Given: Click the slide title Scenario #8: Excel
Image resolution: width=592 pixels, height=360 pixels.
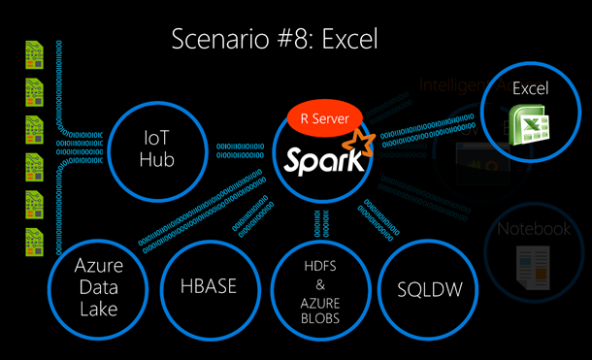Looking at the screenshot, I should coord(273,40).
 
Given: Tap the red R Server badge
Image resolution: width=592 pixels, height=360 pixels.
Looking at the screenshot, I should coord(325,119).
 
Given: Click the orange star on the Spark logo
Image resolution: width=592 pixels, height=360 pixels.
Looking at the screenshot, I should coord(363,147).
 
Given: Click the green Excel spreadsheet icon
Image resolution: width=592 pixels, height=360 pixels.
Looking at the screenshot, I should coord(529,124).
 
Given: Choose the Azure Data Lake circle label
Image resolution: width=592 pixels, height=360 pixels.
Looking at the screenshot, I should coord(97,286).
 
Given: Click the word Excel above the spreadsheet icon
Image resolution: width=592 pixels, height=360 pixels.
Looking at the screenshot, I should coord(531,88).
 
